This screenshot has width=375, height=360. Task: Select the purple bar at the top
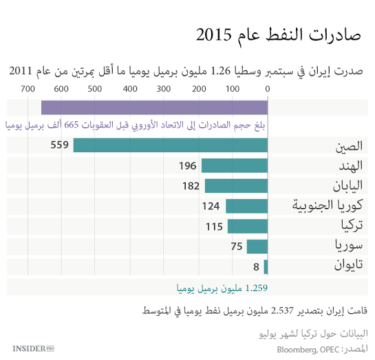[154, 107]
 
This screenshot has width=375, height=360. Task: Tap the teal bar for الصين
[171, 145]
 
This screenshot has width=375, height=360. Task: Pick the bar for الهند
[234, 165]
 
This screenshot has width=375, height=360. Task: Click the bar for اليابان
[236, 186]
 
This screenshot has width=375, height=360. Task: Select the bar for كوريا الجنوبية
[246, 206]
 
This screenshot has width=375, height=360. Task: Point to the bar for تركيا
[248, 226]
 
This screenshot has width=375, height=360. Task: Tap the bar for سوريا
[257, 246]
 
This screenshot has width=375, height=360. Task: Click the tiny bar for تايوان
[266, 267]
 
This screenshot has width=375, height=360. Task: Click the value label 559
[60, 145]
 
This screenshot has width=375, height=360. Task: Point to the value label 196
[188, 165]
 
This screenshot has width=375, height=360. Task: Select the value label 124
[211, 206]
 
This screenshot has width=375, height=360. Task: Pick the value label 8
[256, 267]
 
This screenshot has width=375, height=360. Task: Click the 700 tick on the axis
[28, 89]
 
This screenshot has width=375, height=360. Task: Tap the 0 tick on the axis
[268, 89]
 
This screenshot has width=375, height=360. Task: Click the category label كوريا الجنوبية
[323, 206]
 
